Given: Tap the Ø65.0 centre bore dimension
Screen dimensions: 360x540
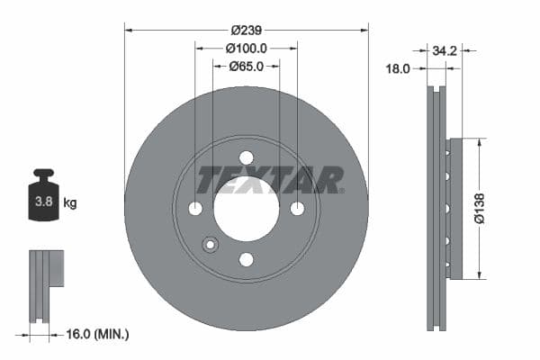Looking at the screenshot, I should (246, 66).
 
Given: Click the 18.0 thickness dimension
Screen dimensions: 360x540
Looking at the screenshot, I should (398, 67).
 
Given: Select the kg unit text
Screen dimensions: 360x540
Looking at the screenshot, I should (70, 203).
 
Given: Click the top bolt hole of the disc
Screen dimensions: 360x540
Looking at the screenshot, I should (246, 157).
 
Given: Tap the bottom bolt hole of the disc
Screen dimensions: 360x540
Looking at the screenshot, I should (246, 259).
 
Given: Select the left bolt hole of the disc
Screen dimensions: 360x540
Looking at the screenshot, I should (195, 208).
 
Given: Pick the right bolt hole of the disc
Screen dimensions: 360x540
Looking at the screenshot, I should (297, 208).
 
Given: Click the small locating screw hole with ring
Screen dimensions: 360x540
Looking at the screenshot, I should (211, 244).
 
